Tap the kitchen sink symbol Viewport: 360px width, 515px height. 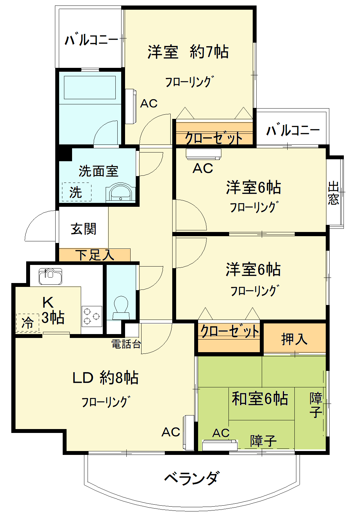coord(50,276)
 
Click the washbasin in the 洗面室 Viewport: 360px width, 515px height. coord(120,193)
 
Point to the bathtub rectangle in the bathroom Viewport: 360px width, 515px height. coord(90,88)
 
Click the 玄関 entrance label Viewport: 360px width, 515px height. coord(83,229)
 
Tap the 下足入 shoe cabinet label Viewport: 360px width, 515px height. coord(95,255)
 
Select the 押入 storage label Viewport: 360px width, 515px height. coord(294,339)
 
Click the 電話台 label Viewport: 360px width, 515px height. coord(126,344)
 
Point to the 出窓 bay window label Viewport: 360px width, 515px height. coord(334,193)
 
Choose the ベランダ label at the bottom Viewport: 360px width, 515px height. coord(192,478)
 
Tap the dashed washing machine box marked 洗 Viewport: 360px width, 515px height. coord(76,192)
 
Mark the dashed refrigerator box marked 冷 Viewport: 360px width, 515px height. coord(27,322)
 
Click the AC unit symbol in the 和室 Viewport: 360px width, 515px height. coord(220,445)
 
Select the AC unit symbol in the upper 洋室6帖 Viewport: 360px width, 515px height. coord(204,154)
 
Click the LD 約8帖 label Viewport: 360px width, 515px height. coord(105,377)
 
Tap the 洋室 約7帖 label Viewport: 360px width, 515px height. coord(188,52)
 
